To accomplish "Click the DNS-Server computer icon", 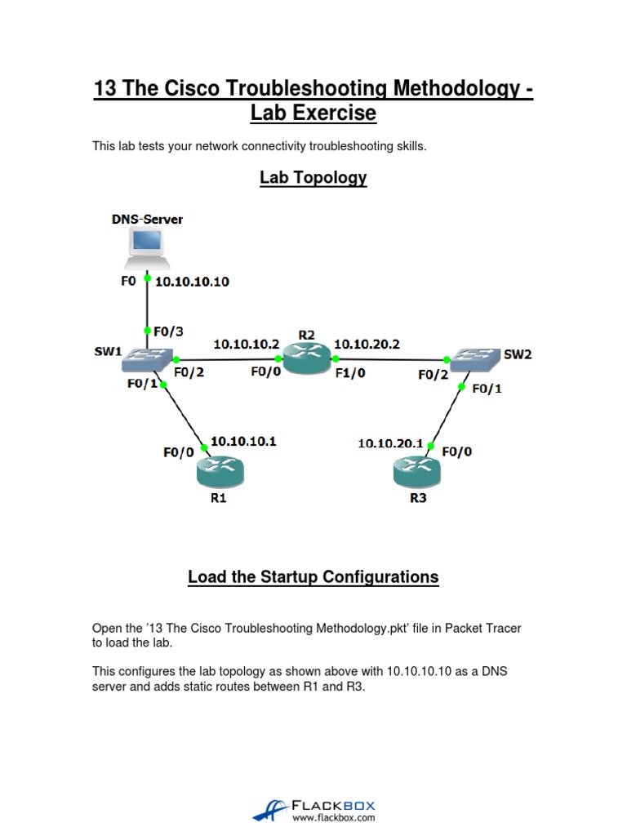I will point(147,249).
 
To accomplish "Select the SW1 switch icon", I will point(147,359).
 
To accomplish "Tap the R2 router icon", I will point(305,359).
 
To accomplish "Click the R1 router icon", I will point(220,471).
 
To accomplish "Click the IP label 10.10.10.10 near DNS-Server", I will point(192,282).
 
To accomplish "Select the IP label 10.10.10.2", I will point(246,344).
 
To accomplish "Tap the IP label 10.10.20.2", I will point(367,344).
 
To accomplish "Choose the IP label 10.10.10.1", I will point(243,441).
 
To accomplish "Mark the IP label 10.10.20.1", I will point(390,443).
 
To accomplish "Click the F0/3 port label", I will point(169,331).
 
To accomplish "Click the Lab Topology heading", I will point(313,177).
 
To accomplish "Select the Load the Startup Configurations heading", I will point(313,576).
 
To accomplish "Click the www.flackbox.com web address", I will point(333,817).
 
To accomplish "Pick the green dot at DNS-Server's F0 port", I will point(147,278).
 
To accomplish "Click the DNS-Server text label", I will point(147,219).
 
